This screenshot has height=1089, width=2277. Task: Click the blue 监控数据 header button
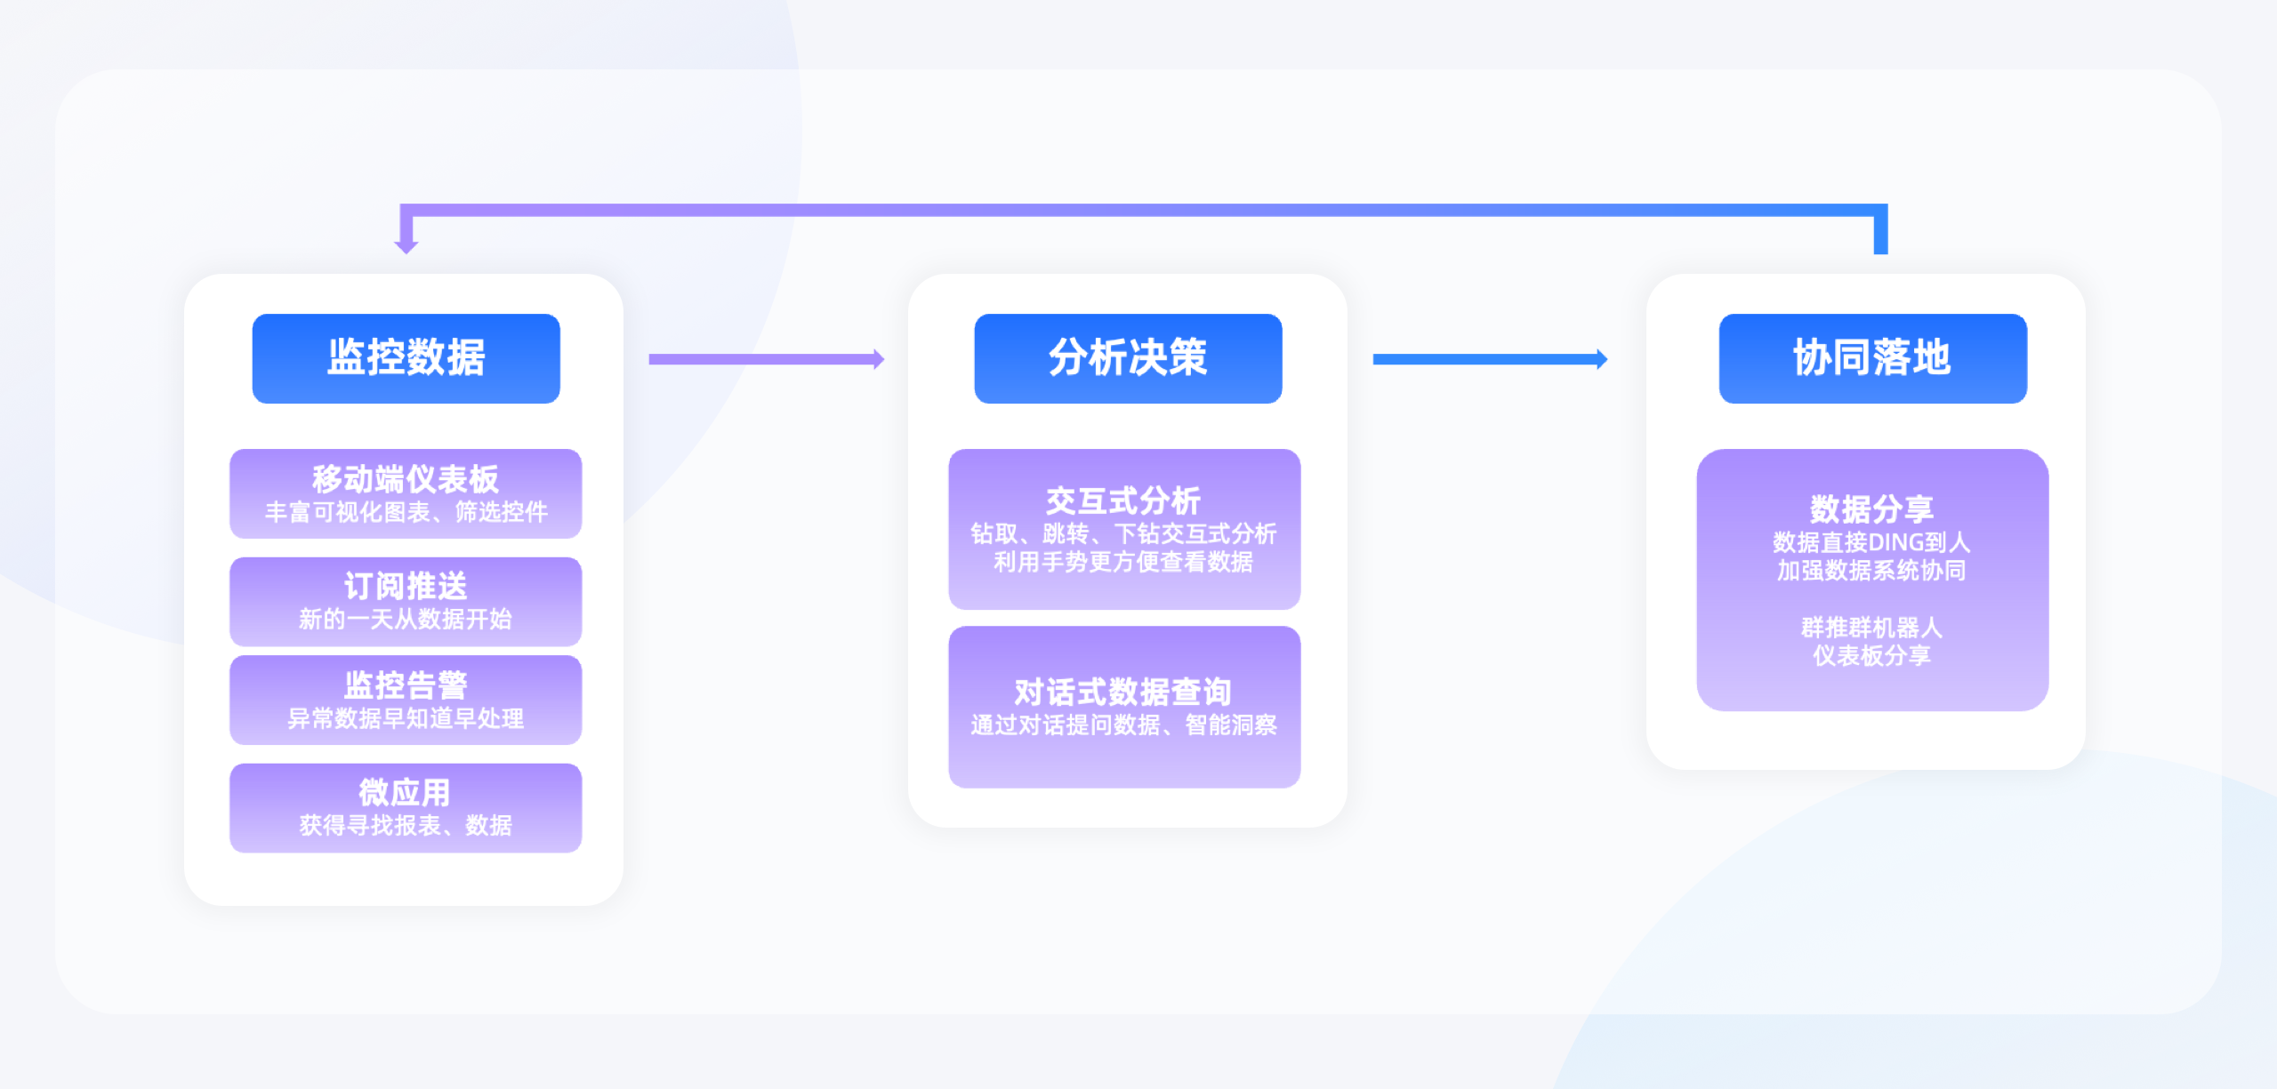pos(406,358)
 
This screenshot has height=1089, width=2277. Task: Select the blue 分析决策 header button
pos(1128,358)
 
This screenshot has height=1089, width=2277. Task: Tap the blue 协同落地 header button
pos(1872,358)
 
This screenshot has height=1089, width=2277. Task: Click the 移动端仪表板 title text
pos(406,479)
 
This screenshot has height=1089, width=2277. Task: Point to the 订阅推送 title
pos(406,587)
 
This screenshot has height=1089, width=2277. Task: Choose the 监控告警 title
pos(406,685)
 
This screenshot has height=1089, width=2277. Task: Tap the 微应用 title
pos(405,792)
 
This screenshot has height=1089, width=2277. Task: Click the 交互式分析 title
pos(1123,500)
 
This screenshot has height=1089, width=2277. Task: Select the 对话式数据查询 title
pos(1123,692)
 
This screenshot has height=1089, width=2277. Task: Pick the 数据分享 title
pos(1872,508)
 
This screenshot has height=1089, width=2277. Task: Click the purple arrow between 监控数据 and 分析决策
pos(767,359)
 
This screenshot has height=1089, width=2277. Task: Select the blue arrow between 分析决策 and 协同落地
pos(1491,359)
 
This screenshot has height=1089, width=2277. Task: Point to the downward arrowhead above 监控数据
pos(406,244)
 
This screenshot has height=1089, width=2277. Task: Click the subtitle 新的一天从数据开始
pos(406,619)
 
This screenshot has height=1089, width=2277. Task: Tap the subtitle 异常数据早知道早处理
pos(406,718)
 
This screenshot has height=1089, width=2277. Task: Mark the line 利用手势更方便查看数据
pos(1123,562)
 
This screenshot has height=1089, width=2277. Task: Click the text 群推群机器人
pos(1872,628)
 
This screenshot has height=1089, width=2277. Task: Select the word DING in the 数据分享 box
pos(1895,542)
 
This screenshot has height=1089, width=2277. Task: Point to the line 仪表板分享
pos(1872,656)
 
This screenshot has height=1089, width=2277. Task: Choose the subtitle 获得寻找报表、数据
pos(406,826)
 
